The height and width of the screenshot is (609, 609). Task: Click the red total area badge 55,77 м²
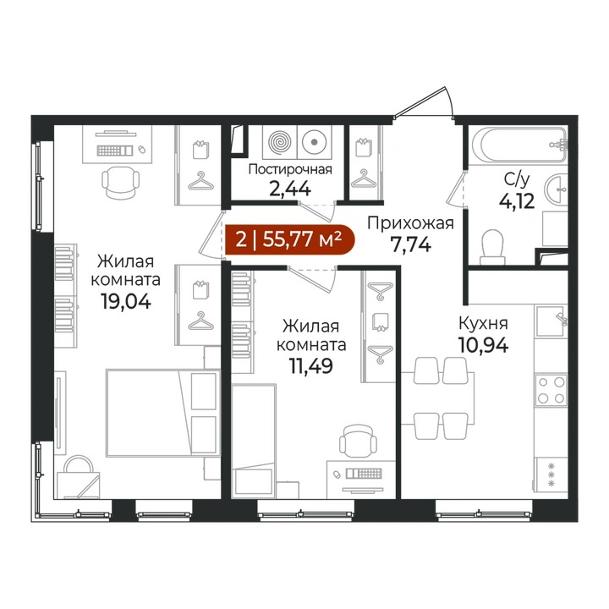(289, 239)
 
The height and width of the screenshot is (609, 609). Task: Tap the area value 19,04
(125, 301)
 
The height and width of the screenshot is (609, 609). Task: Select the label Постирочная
(290, 170)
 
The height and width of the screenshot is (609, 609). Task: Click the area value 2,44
(290, 189)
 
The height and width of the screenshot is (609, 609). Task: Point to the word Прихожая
(410, 223)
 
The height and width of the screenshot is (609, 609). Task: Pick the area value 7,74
(411, 244)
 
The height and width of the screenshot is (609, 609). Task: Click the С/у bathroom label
(517, 179)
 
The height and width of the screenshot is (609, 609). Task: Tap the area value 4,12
(517, 201)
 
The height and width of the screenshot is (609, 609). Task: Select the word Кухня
(483, 323)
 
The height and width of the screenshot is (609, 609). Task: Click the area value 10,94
(483, 344)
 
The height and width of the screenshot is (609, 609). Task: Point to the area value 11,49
(310, 365)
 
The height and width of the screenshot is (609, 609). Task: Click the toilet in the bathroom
(492, 247)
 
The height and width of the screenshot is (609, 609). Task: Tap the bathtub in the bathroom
(518, 144)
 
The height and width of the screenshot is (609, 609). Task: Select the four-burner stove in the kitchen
(551, 390)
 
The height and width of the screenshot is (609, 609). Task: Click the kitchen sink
(551, 321)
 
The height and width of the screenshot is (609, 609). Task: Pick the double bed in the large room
(162, 413)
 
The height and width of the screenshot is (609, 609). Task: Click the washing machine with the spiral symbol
(280, 142)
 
